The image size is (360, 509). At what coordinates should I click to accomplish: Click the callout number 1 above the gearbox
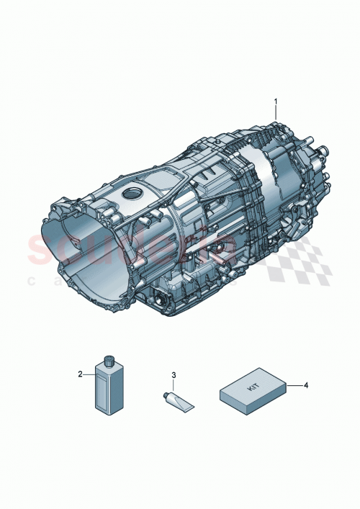[274, 102]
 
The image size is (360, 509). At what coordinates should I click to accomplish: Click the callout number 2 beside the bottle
[81, 374]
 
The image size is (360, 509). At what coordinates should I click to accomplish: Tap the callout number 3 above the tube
[174, 375]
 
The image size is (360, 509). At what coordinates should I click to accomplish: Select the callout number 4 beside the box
[306, 385]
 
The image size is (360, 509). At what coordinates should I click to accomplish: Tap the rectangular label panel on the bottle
[109, 389]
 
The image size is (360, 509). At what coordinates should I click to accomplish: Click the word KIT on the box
[253, 387]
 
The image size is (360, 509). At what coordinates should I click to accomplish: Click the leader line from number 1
[274, 114]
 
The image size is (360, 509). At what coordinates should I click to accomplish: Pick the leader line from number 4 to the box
[294, 385]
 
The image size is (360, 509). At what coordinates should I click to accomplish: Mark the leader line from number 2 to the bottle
[91, 374]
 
